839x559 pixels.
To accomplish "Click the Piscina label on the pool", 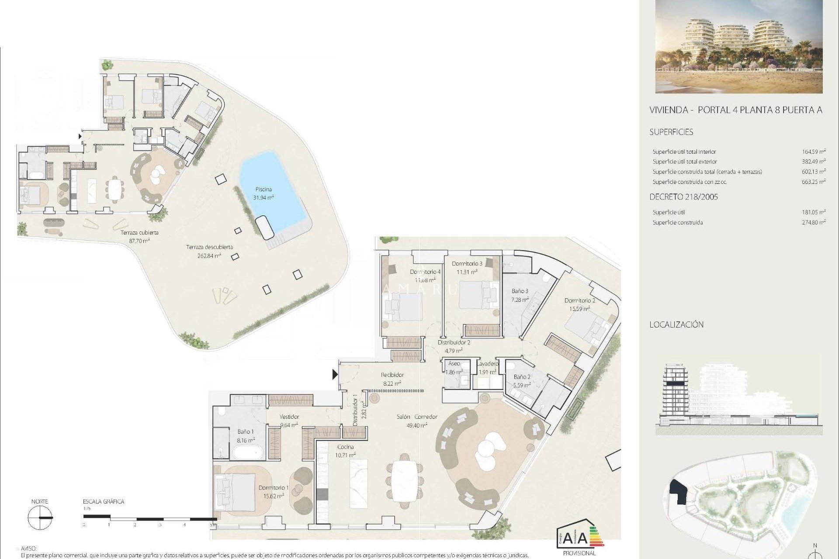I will coord(263,190).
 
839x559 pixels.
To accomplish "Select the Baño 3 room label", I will coord(520,291).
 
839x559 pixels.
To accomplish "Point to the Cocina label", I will coord(345,447).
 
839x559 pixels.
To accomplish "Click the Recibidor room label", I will coord(392,375).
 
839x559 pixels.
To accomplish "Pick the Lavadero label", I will coord(487,364).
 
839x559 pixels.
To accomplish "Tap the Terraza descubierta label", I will coord(209,247).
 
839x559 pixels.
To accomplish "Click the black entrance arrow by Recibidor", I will coord(335,374).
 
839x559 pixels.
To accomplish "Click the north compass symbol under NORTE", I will coord(40,518).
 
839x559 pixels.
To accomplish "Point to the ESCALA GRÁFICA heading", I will coord(104,502).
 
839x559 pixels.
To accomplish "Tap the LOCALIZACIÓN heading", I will coord(676,324).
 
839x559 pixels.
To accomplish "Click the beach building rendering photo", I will coord(739,47).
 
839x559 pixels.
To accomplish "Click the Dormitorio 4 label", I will coord(425,272).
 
